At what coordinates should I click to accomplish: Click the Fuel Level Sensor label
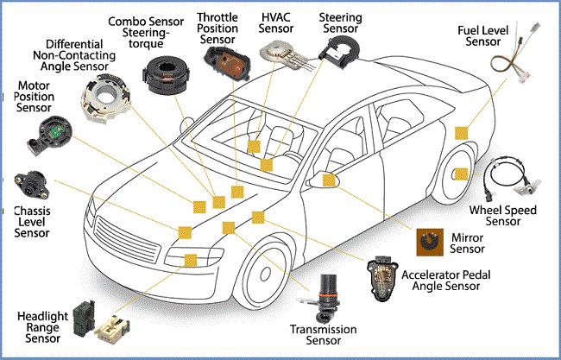tap(482, 35)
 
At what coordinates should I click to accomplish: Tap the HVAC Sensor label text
tap(276, 22)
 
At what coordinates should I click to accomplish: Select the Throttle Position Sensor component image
tap(227, 64)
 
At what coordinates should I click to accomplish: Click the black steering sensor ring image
tap(339, 54)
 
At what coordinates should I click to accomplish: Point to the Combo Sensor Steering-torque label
tap(146, 32)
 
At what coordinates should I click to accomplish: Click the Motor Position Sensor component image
tap(50, 136)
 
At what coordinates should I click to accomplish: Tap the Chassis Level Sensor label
tap(32, 222)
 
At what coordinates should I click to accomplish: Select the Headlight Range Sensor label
tap(42, 327)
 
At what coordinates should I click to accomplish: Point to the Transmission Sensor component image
tap(326, 298)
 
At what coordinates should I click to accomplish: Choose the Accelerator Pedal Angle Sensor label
tap(446, 281)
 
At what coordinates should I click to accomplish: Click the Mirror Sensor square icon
tap(430, 243)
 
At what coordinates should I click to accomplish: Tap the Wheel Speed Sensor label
tap(502, 215)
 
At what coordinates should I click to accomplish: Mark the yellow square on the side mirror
tap(329, 180)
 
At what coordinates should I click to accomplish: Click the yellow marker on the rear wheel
tap(461, 174)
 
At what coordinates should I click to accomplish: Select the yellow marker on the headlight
tap(191, 261)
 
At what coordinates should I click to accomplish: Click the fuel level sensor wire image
tap(514, 53)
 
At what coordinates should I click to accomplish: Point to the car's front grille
tap(128, 240)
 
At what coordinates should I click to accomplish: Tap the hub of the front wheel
tap(266, 274)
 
